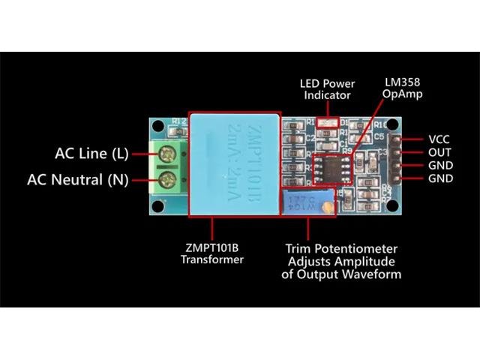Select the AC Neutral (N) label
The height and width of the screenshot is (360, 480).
point(77,180)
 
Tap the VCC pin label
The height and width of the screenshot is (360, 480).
point(438,139)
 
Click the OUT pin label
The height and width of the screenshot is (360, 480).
point(438,152)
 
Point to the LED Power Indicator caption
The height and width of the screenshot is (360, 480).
point(327,89)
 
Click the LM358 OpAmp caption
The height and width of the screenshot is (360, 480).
point(403,88)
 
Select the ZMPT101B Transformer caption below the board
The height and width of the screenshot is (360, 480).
point(212,253)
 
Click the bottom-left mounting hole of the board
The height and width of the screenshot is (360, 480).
point(157,207)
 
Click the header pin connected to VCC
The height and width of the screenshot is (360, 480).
point(409,139)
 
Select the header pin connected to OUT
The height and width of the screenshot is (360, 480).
point(409,152)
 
